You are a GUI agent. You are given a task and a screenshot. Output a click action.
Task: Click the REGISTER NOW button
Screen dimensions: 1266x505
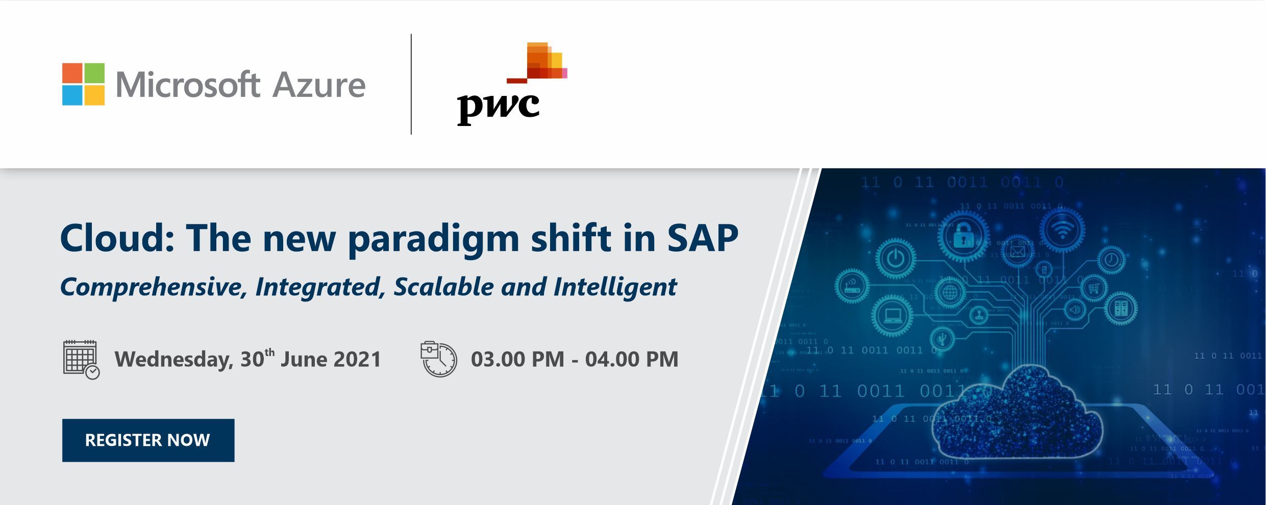click(x=148, y=440)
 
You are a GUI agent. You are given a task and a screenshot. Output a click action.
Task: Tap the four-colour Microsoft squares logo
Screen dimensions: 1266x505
click(x=83, y=84)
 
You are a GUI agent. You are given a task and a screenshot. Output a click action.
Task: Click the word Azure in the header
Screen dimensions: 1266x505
click(x=319, y=85)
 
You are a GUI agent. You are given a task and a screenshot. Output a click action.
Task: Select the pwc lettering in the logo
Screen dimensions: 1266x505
click(x=498, y=108)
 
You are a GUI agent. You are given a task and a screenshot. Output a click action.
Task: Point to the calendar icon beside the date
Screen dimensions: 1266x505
click(x=81, y=359)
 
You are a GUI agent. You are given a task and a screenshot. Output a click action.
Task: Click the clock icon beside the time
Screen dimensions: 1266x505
click(x=438, y=359)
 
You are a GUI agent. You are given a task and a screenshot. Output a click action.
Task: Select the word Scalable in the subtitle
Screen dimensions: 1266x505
click(x=443, y=286)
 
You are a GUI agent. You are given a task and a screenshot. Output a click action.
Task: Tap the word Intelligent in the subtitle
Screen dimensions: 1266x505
click(x=615, y=287)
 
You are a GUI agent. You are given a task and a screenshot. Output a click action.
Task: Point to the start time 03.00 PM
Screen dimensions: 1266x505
click(x=517, y=359)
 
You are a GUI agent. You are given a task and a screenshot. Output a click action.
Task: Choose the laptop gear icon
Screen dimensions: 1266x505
click(x=892, y=316)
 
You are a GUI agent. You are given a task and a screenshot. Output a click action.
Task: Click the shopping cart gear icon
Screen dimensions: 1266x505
click(x=1093, y=289)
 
